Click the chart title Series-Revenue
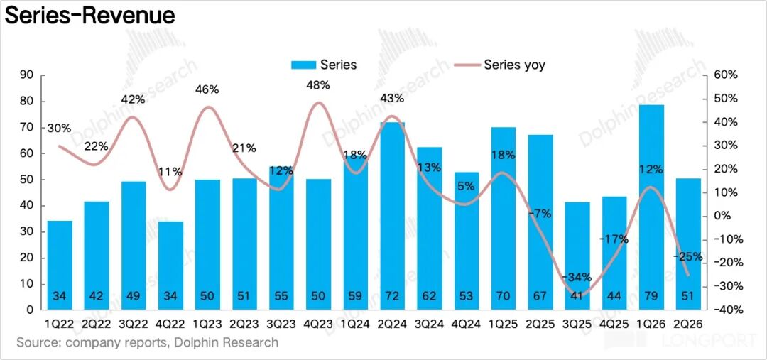coord(89,16)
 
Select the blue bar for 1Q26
coord(651,207)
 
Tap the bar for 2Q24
coord(392,216)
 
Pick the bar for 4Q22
coord(170,266)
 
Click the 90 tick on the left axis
coord(26,75)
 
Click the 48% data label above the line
coord(318,85)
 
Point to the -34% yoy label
coord(577,278)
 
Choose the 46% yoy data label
coord(207,89)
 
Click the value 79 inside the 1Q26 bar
coord(651,296)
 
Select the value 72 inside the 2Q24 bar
coord(392,296)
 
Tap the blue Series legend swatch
coord(303,65)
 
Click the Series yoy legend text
coord(514,65)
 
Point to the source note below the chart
coord(147,342)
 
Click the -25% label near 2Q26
coord(687,257)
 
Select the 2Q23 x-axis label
coord(244,324)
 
